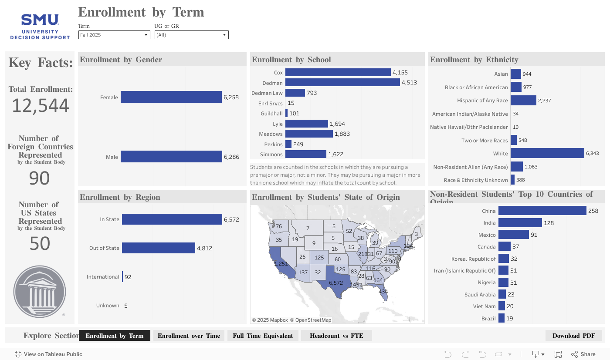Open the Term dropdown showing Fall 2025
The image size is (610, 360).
(x=114, y=35)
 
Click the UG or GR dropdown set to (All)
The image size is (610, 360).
(x=191, y=35)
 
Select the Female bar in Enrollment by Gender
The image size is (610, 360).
(x=171, y=97)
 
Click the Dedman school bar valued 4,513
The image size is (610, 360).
(x=342, y=83)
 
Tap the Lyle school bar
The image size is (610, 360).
(x=306, y=124)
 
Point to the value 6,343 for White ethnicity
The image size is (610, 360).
(x=593, y=154)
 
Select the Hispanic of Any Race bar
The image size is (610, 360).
(x=523, y=101)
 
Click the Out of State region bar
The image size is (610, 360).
(x=158, y=248)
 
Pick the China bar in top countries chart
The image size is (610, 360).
(x=542, y=211)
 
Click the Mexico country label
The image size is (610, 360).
(x=487, y=235)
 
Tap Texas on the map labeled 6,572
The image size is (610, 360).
(x=335, y=283)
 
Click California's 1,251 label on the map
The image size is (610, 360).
(x=281, y=264)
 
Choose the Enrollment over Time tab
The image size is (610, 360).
(x=189, y=336)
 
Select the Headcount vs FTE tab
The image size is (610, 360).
(x=336, y=336)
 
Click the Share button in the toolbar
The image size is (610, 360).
(x=583, y=354)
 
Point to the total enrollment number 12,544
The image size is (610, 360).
(x=41, y=106)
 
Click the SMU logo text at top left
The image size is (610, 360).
(x=40, y=20)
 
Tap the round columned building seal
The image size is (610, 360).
(x=40, y=292)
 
